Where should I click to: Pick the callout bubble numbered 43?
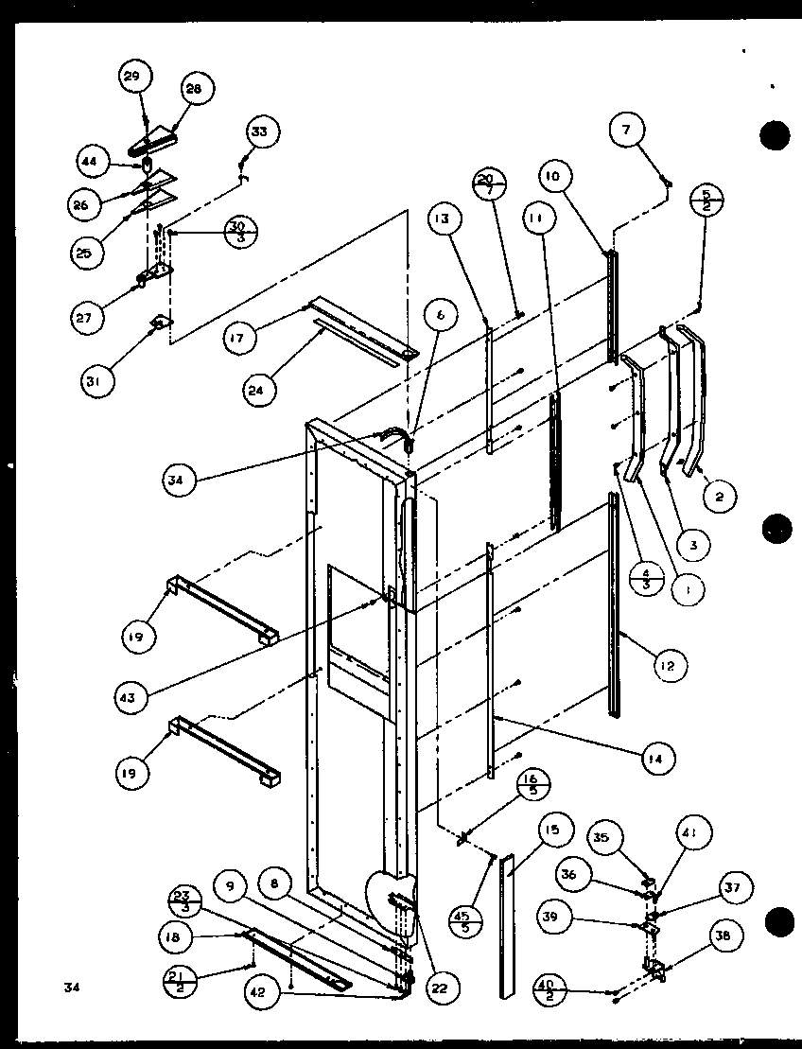128,698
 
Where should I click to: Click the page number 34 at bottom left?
70,988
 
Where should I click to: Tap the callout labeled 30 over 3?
238,232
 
